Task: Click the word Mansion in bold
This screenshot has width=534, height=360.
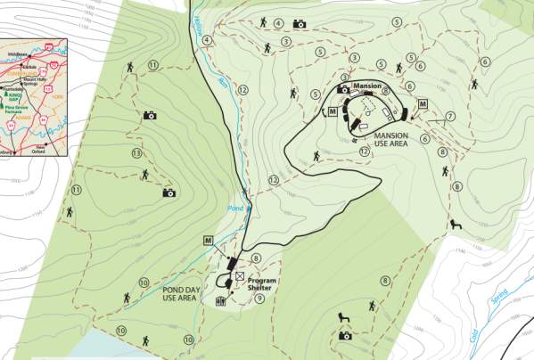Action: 367,86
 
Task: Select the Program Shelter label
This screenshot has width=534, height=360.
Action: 261,284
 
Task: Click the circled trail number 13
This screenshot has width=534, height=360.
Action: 136,153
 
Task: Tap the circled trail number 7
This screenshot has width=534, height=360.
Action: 451,117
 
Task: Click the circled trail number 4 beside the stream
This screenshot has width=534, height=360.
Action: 207,39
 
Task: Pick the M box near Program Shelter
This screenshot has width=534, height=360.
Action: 208,240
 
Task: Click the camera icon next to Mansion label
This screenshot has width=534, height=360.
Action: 343,89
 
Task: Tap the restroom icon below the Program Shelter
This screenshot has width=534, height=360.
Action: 220,301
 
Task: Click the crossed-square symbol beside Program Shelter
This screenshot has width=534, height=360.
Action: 238,276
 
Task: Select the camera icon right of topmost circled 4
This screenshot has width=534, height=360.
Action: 300,24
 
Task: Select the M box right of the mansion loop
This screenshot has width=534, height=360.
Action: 423,104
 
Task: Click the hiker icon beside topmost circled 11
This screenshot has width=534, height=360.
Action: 131,67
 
